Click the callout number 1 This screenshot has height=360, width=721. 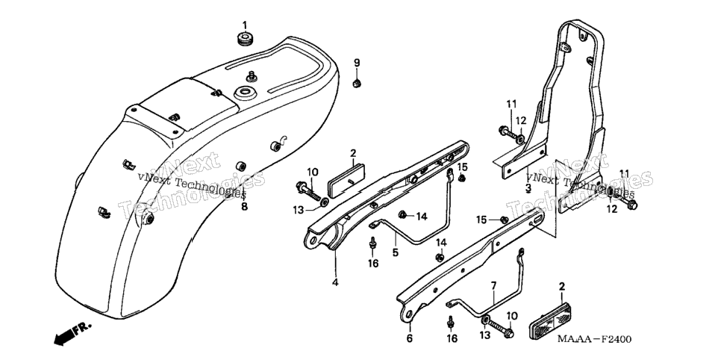tap(245, 25)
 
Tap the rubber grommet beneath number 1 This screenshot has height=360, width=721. tap(245, 39)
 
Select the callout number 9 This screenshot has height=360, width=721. tap(356, 63)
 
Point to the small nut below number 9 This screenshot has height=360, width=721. tap(356, 84)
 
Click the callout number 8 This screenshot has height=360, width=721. tap(244, 207)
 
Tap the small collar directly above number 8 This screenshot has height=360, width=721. tap(240, 166)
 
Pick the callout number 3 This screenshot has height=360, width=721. tap(528, 187)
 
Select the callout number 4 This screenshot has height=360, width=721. tap(335, 282)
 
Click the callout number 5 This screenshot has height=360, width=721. tap(395, 252)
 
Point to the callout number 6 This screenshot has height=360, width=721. tap(409, 339)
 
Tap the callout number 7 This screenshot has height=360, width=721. tap(493, 286)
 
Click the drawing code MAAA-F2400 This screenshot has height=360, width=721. tap(595, 339)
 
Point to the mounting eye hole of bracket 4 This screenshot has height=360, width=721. tap(313, 240)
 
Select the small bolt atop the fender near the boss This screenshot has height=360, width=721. tap(251, 76)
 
